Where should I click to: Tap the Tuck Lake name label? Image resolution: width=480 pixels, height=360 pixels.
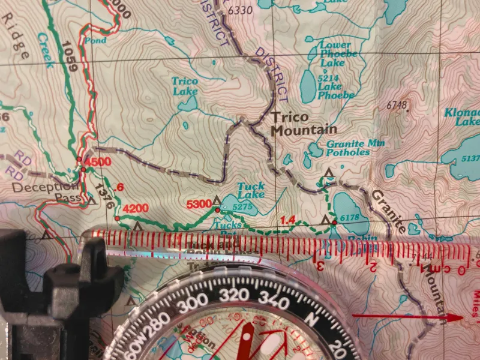[250, 191]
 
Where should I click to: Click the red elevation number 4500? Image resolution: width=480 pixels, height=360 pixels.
[99, 162]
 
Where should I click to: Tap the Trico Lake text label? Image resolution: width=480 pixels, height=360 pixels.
[185, 86]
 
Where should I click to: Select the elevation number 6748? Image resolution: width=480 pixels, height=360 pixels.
[397, 106]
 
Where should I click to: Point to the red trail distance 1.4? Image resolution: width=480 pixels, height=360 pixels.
[287, 221]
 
